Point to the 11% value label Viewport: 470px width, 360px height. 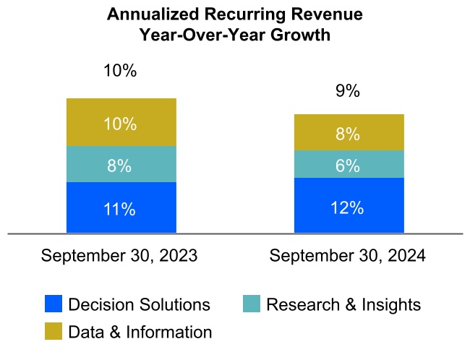[x=121, y=210]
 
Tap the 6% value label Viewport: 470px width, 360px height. [x=349, y=166]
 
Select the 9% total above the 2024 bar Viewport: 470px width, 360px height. [x=349, y=92]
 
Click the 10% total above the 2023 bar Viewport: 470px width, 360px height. [x=121, y=71]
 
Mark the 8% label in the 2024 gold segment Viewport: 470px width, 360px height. [x=349, y=134]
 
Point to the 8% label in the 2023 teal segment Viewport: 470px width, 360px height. [x=121, y=166]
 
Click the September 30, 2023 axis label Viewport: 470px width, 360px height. [x=119, y=256]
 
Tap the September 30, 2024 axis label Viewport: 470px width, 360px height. [x=348, y=256]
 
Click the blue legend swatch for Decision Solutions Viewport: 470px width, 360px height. [x=54, y=304]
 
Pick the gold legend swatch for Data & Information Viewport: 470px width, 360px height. [x=54, y=332]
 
